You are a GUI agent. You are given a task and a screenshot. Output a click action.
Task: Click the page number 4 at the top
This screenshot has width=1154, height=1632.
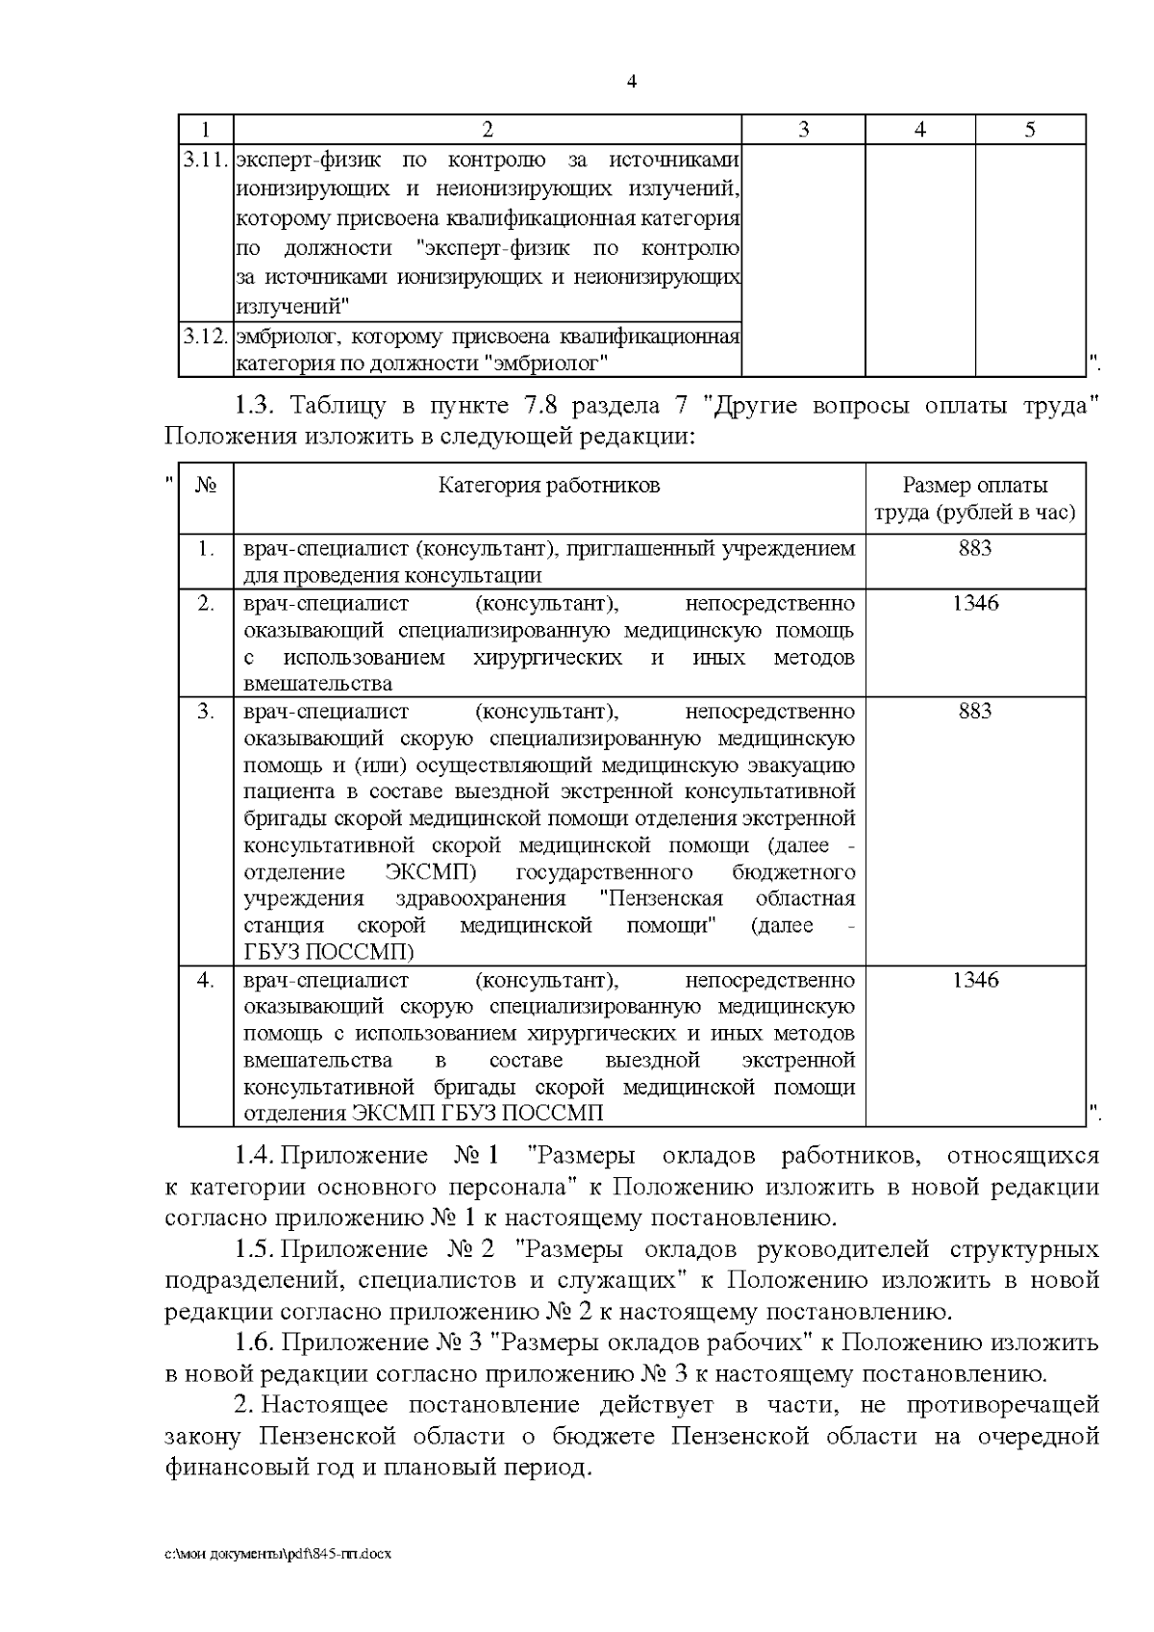(632, 82)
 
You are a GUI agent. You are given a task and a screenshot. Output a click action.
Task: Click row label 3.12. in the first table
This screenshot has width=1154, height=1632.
(206, 337)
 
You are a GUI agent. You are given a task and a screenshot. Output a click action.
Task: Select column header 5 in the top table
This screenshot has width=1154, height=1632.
(1030, 130)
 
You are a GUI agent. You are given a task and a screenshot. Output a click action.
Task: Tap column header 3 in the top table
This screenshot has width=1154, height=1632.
(803, 130)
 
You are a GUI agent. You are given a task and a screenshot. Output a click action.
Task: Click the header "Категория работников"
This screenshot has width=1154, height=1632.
(549, 485)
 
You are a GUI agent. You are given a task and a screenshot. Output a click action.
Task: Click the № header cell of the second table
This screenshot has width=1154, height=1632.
(206, 486)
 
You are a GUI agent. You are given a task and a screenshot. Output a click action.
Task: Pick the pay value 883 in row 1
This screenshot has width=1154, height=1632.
(974, 548)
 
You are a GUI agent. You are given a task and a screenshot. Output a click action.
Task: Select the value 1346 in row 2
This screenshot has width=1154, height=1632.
(974, 603)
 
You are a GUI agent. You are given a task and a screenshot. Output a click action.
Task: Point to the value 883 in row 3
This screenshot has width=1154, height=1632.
(974, 711)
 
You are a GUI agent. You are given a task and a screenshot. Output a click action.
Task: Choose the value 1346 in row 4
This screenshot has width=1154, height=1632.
(974, 979)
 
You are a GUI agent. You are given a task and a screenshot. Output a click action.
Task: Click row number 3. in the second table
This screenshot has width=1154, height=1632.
(206, 712)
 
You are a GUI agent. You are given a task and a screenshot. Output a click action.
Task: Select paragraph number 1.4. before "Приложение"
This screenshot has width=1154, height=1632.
(255, 1155)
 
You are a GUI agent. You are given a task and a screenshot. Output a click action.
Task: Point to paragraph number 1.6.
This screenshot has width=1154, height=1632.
(255, 1343)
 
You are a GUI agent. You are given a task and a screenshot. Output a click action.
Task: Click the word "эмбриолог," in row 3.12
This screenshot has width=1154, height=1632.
(288, 337)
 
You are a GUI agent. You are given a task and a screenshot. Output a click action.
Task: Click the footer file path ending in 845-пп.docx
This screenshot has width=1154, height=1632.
(278, 1553)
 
